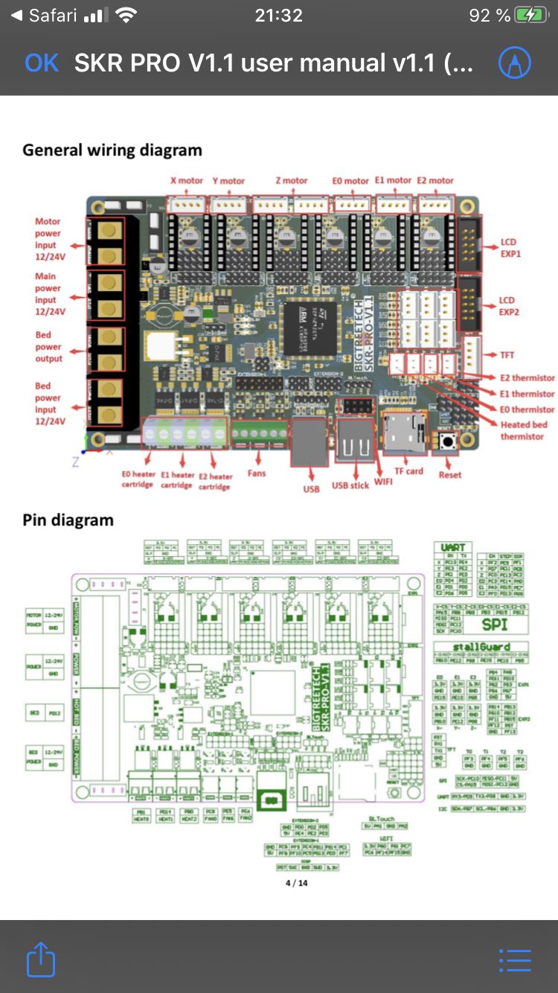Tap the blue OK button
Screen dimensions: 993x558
click(x=41, y=63)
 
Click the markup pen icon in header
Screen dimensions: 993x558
click(x=514, y=63)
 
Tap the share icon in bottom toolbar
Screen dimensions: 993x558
click(x=41, y=959)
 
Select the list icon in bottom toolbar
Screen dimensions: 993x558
click(x=515, y=960)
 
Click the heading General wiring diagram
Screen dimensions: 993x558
click(x=112, y=150)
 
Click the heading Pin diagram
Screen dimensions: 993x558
click(x=68, y=520)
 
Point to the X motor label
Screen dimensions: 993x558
click(x=187, y=181)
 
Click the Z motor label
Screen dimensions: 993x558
click(x=291, y=181)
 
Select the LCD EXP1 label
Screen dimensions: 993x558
click(x=510, y=248)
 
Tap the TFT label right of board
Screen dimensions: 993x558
click(x=507, y=355)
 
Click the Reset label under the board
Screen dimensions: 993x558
click(x=449, y=475)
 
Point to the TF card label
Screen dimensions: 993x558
click(x=408, y=471)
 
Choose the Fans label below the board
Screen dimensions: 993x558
click(x=257, y=473)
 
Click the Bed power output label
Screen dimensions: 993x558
click(x=48, y=347)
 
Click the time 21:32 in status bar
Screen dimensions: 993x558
click(x=278, y=15)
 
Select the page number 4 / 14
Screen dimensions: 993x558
click(x=296, y=884)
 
